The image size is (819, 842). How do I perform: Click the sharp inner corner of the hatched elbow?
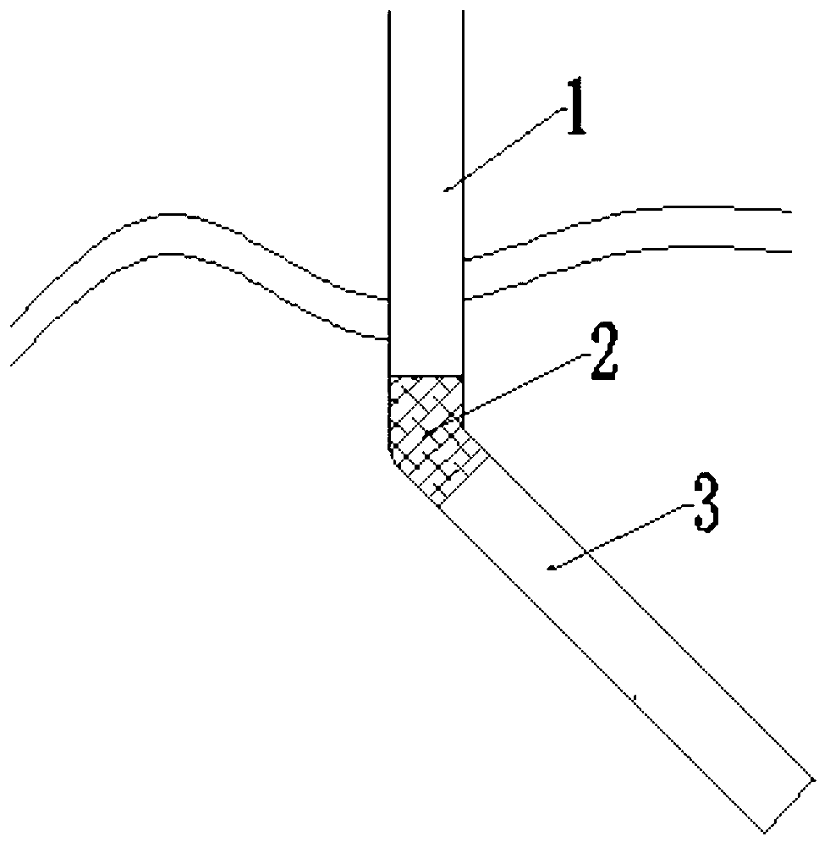[464, 424]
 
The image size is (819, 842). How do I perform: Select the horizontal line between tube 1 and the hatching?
[426, 377]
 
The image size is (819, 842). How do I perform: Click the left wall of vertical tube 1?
[388, 169]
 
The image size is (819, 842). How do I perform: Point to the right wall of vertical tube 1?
[464, 169]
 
